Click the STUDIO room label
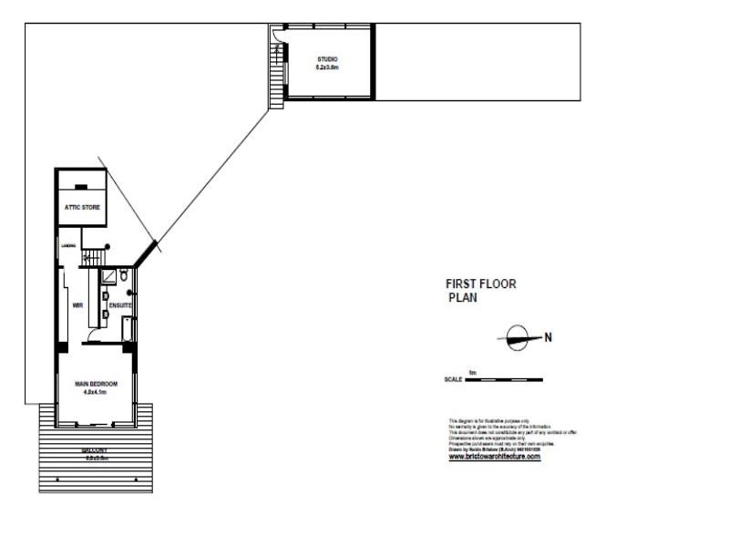coord(326,59)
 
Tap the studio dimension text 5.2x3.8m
coord(326,67)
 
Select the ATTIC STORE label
coord(81,207)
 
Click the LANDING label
coord(67,245)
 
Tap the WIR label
coord(77,305)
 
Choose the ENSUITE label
coord(120,305)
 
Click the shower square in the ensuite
coord(108,275)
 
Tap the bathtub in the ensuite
coord(127,329)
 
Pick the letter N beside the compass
coord(548,337)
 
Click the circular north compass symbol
coord(517,337)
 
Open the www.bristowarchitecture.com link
coord(495,457)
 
